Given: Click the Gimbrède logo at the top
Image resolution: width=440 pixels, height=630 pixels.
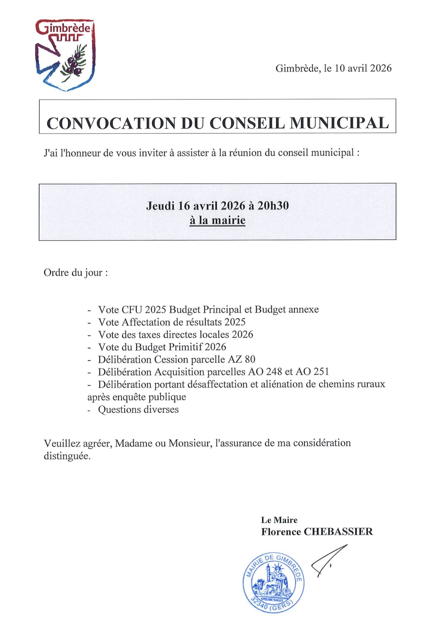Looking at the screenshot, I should click(x=65, y=55).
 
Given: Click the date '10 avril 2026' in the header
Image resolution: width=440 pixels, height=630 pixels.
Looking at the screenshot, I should click(x=363, y=68).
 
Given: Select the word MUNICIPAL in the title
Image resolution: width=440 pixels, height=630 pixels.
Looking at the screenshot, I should click(x=339, y=123).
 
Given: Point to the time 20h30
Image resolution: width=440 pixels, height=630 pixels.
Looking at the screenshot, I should click(x=273, y=205).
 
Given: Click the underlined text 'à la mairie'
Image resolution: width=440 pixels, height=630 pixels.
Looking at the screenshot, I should click(x=218, y=220).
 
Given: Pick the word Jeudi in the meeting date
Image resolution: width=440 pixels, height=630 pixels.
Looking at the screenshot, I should click(x=160, y=205).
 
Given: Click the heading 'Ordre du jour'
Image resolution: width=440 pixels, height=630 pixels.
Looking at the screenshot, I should click(x=75, y=272).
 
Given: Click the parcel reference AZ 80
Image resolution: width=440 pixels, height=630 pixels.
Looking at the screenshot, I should click(x=241, y=359).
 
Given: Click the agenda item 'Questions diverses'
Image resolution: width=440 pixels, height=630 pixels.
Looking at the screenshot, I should click(x=138, y=409).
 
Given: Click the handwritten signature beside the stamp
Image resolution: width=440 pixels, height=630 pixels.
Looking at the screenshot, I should click(x=328, y=560).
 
